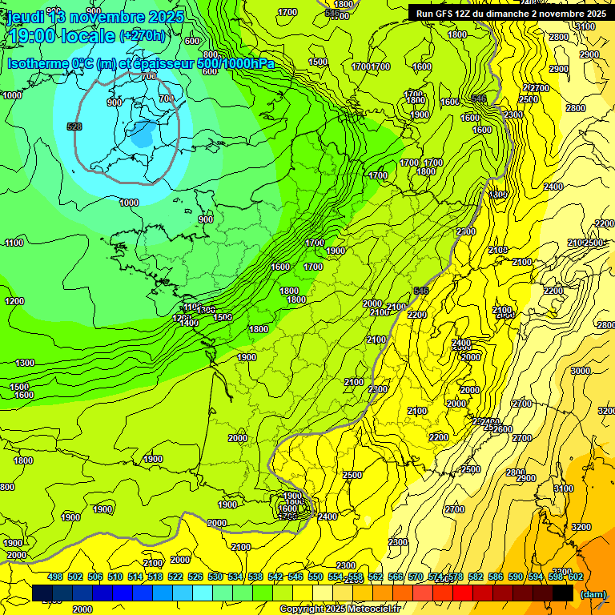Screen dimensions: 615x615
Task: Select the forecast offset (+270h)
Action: pyautogui.click(x=142, y=36)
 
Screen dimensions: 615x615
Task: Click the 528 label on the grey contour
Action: pyautogui.click(x=74, y=127)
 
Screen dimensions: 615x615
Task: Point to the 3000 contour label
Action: pyautogui.click(x=580, y=371)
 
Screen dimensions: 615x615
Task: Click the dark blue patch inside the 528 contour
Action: pyautogui.click(x=144, y=135)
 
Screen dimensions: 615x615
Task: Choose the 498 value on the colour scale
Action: pyautogui.click(x=55, y=577)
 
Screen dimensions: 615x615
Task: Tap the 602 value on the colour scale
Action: pyautogui.click(x=575, y=577)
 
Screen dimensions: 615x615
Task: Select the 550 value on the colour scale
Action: pyautogui.click(x=315, y=577)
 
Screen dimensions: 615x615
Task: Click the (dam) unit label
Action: pyautogui.click(x=593, y=593)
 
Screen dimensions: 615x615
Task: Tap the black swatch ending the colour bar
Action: pyautogui.click(x=563, y=593)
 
